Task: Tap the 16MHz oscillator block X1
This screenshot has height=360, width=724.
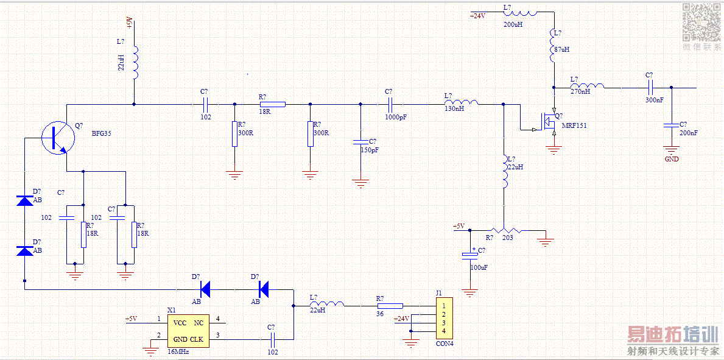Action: coord(188,331)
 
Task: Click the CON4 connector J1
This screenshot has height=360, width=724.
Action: coord(445,318)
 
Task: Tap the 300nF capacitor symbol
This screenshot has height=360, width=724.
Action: coord(650,88)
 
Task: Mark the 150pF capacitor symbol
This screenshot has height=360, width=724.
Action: coord(360,141)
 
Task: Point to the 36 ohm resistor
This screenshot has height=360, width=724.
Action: coord(390,306)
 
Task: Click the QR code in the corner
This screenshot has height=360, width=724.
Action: coord(700,22)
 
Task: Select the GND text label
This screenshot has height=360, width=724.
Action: coord(672,159)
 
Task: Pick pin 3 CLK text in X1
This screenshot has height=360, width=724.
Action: coord(197,339)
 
